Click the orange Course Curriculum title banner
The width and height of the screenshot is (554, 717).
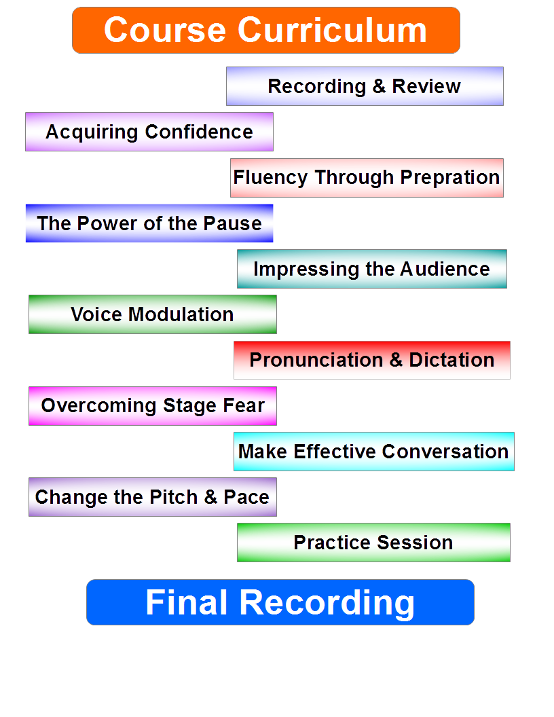pyautogui.click(x=265, y=31)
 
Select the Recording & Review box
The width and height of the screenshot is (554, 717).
pyautogui.click(x=365, y=86)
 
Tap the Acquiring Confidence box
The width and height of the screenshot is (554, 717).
pyautogui.click(x=149, y=132)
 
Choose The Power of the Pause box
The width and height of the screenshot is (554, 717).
pyautogui.click(x=149, y=223)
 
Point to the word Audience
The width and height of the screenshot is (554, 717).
pyautogui.click(x=445, y=269)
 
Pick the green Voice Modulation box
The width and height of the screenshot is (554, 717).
pyautogui.click(x=152, y=314)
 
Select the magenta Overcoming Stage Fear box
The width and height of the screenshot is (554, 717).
pyautogui.click(x=153, y=406)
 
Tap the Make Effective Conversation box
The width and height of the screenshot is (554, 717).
pyautogui.click(x=373, y=452)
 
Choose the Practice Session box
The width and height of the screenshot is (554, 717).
pyautogui.click(x=373, y=543)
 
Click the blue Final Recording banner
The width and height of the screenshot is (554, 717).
pyautogui.click(x=280, y=602)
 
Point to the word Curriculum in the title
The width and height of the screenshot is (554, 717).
pyautogui.click(x=333, y=31)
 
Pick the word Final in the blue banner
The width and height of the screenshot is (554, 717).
pyautogui.click(x=186, y=602)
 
